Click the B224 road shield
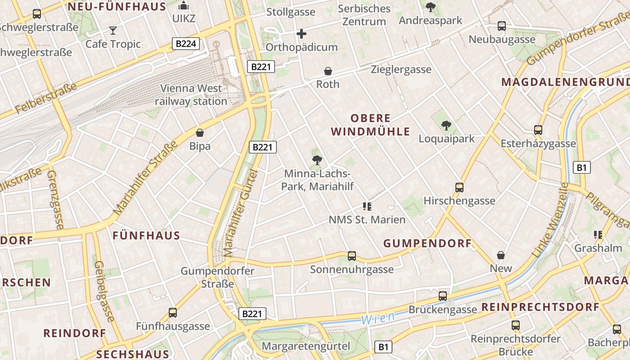(x=186, y=44)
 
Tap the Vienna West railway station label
(x=191, y=94)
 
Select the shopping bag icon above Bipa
(x=200, y=133)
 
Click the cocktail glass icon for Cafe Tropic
(x=112, y=31)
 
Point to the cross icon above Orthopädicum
(x=301, y=34)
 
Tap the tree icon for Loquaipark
(x=446, y=125)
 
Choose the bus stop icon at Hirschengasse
(x=459, y=187)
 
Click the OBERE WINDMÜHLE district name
(x=371, y=125)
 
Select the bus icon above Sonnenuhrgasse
(x=352, y=256)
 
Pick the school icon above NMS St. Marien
(x=367, y=207)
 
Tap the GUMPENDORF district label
(x=427, y=243)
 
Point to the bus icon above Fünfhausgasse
(x=173, y=312)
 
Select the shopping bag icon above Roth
(x=328, y=71)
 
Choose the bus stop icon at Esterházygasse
(x=538, y=130)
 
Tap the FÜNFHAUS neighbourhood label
(x=146, y=235)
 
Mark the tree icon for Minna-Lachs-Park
(x=317, y=159)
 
